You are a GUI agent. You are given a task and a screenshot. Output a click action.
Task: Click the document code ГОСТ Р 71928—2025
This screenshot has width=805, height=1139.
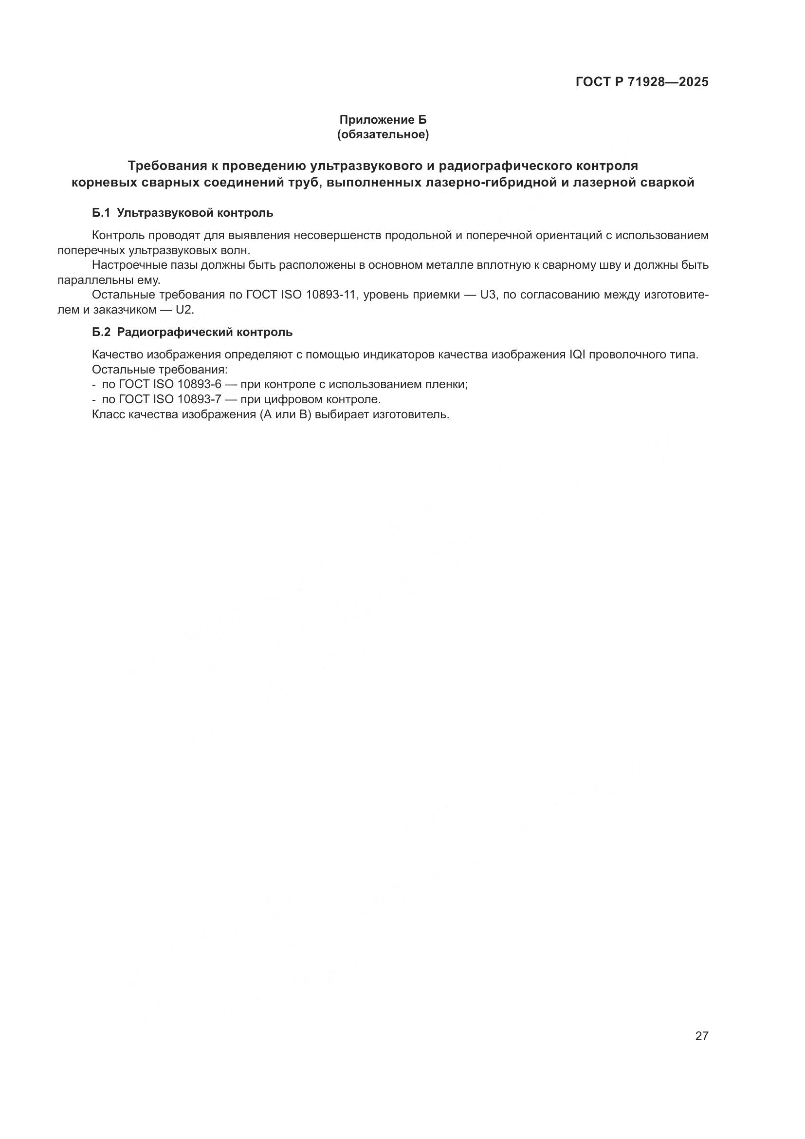point(642,82)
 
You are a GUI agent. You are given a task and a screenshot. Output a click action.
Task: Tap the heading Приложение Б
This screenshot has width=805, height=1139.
point(383,120)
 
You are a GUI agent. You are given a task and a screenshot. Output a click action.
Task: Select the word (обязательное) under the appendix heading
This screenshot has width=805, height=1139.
point(383,134)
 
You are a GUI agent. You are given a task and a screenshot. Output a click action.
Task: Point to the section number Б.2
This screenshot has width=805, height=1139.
point(101,333)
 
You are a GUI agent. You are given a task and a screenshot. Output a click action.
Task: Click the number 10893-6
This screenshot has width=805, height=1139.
point(199,385)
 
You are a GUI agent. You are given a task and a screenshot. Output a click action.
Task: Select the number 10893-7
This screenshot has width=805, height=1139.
point(199,399)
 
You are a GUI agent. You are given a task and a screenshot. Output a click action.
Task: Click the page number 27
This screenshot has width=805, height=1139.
point(702,1036)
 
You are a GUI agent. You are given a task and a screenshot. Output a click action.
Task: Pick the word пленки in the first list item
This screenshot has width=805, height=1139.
point(449,385)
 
